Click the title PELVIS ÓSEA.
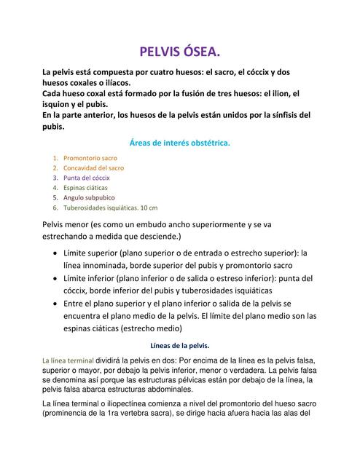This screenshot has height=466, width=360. [x=179, y=52]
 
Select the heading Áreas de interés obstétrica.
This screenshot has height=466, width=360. [x=179, y=143]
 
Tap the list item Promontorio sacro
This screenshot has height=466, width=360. [x=90, y=157]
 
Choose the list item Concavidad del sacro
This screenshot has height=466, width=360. [x=94, y=167]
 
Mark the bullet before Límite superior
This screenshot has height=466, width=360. [x=56, y=253]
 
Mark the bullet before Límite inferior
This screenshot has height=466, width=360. [x=56, y=278]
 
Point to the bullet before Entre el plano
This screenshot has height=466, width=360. [x=56, y=303]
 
